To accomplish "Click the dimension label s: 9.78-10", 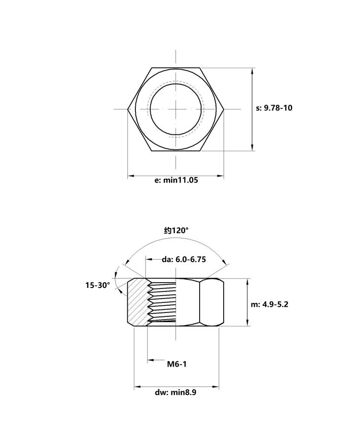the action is (274, 108).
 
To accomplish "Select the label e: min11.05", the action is (176, 180).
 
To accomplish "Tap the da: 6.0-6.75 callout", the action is (184, 259).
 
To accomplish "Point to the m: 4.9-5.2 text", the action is (269, 304).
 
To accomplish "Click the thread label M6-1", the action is (177, 364).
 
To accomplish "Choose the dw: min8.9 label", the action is (176, 392).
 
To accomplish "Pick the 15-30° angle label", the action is (97, 285).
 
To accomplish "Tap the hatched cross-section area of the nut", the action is (138, 302).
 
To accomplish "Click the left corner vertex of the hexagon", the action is (128, 109).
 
